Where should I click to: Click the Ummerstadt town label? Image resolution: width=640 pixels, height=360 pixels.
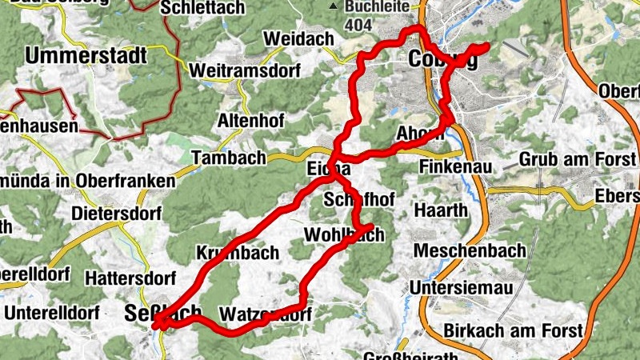[x=86, y=56]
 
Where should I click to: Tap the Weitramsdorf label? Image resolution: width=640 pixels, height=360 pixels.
[x=244, y=71]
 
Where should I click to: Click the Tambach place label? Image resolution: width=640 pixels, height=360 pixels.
[x=228, y=158]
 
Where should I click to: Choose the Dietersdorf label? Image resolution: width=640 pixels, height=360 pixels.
[x=117, y=214]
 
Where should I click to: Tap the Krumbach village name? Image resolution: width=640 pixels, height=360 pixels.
[x=238, y=254]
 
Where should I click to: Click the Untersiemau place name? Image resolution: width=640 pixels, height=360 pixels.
[x=461, y=286]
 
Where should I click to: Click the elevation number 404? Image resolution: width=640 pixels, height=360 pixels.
[x=360, y=25]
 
